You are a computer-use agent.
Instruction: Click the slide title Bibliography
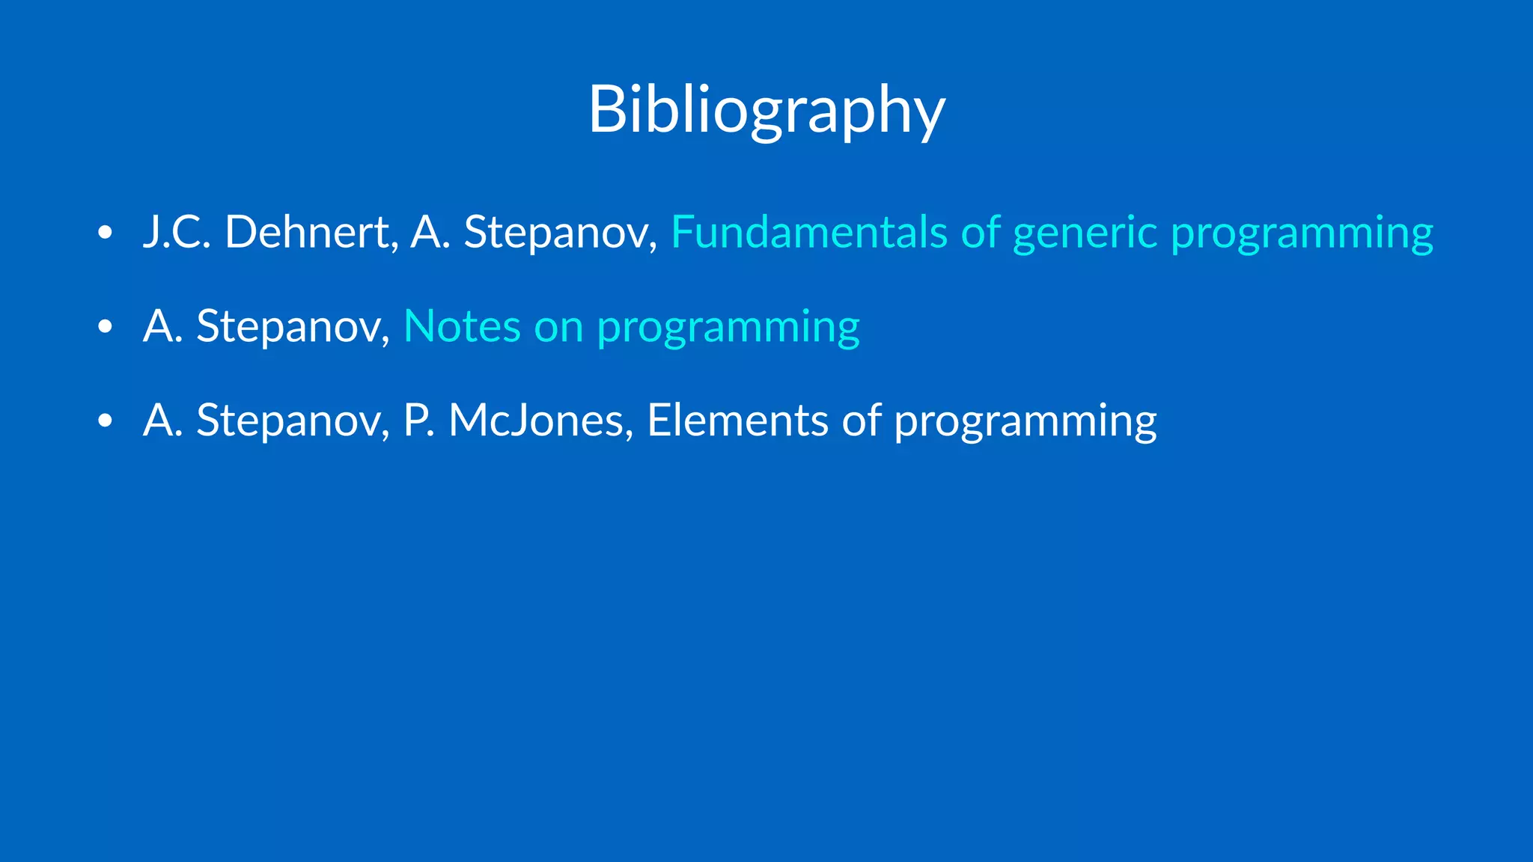pos(766,111)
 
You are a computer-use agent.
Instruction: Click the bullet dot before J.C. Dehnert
pos(105,233)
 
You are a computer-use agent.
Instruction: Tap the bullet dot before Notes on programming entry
pos(105,327)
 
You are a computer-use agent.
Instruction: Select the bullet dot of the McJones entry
pos(105,421)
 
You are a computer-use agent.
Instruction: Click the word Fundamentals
pos(810,232)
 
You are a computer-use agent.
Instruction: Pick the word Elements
pos(737,421)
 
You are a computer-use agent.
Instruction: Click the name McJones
pos(536,421)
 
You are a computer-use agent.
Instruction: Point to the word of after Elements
pos(861,421)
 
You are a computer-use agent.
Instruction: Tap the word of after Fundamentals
pos(981,232)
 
